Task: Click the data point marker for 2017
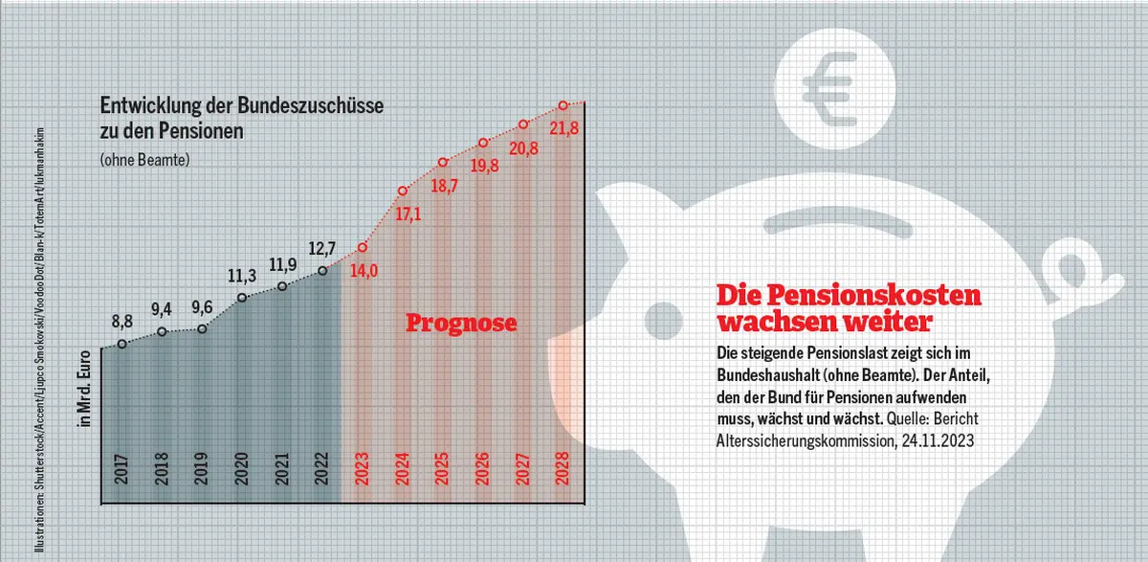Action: [121, 344]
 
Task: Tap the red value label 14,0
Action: [364, 270]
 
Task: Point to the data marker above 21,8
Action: [563, 105]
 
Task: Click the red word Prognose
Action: [461, 323]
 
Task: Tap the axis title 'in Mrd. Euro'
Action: [84, 392]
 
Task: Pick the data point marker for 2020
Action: [242, 298]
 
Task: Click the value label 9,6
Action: [202, 308]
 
